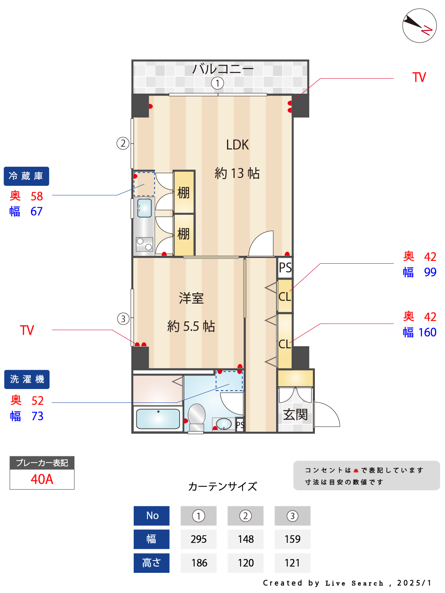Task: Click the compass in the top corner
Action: pyautogui.click(x=419, y=26)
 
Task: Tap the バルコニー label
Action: pyautogui.click(x=223, y=69)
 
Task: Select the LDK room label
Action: pyautogui.click(x=237, y=145)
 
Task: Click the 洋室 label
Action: pyautogui.click(x=191, y=298)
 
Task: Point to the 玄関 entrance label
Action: pyautogui.click(x=295, y=414)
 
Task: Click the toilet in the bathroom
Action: pyautogui.click(x=197, y=417)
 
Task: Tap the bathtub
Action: pyautogui.click(x=158, y=419)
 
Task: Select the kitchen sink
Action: pyautogui.click(x=144, y=208)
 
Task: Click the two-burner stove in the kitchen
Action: pyautogui.click(x=144, y=244)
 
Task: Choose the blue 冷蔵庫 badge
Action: pyautogui.click(x=27, y=176)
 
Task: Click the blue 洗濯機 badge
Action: pyautogui.click(x=27, y=379)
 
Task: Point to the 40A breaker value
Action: pyautogui.click(x=42, y=479)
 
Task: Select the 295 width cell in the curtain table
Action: pyautogui.click(x=199, y=539)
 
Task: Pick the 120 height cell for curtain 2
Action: pyautogui.click(x=246, y=563)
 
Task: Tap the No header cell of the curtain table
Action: pyautogui.click(x=151, y=516)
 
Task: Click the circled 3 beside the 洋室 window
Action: pyautogui.click(x=123, y=319)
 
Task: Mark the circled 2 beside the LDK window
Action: pyautogui.click(x=123, y=143)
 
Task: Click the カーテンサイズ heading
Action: pyautogui.click(x=222, y=487)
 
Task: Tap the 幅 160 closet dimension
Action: pyautogui.click(x=419, y=332)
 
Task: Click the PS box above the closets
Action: pyautogui.click(x=285, y=268)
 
